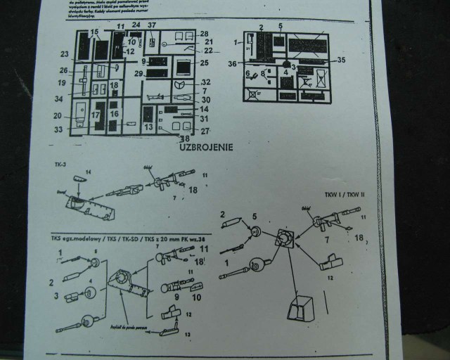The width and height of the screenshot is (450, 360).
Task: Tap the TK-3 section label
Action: point(59,164)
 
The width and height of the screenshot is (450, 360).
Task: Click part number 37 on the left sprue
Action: point(152,26)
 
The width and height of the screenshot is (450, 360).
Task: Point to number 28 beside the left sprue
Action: point(204,34)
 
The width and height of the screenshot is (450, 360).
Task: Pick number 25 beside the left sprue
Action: point(205,63)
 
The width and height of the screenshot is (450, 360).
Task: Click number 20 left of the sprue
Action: point(58,116)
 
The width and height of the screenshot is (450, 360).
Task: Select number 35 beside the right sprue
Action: point(342,60)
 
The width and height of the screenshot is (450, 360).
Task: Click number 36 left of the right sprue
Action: point(233,63)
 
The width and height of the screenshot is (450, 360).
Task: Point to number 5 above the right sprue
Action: point(280,27)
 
